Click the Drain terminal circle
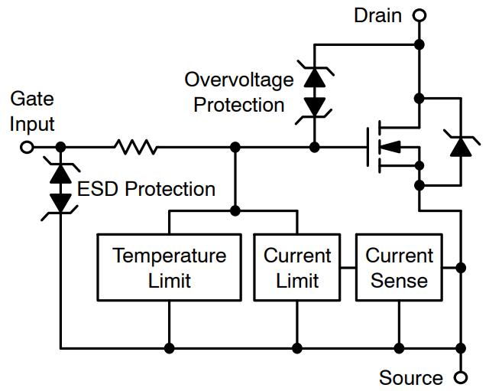point(419,15)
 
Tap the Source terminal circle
point(461,376)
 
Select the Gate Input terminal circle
point(27,147)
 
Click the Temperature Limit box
point(169,267)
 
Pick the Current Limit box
point(297,267)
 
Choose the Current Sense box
point(399,267)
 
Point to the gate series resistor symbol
point(136,147)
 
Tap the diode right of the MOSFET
point(461,145)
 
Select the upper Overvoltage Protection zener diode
point(313,77)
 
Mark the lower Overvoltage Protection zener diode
point(313,106)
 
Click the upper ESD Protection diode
point(60,172)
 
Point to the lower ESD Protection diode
point(60,202)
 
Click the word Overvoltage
point(239,80)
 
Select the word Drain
point(377,15)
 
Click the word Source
point(411,377)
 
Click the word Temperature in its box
point(169,255)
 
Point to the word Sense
point(399,280)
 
